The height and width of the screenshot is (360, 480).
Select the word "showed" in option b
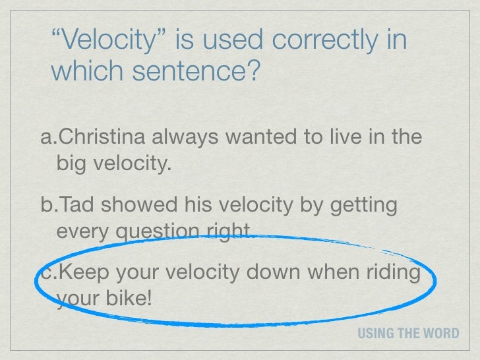(x=131, y=206)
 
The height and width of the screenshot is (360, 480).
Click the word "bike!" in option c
(x=131, y=299)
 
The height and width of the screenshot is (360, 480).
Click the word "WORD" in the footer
(x=445, y=333)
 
